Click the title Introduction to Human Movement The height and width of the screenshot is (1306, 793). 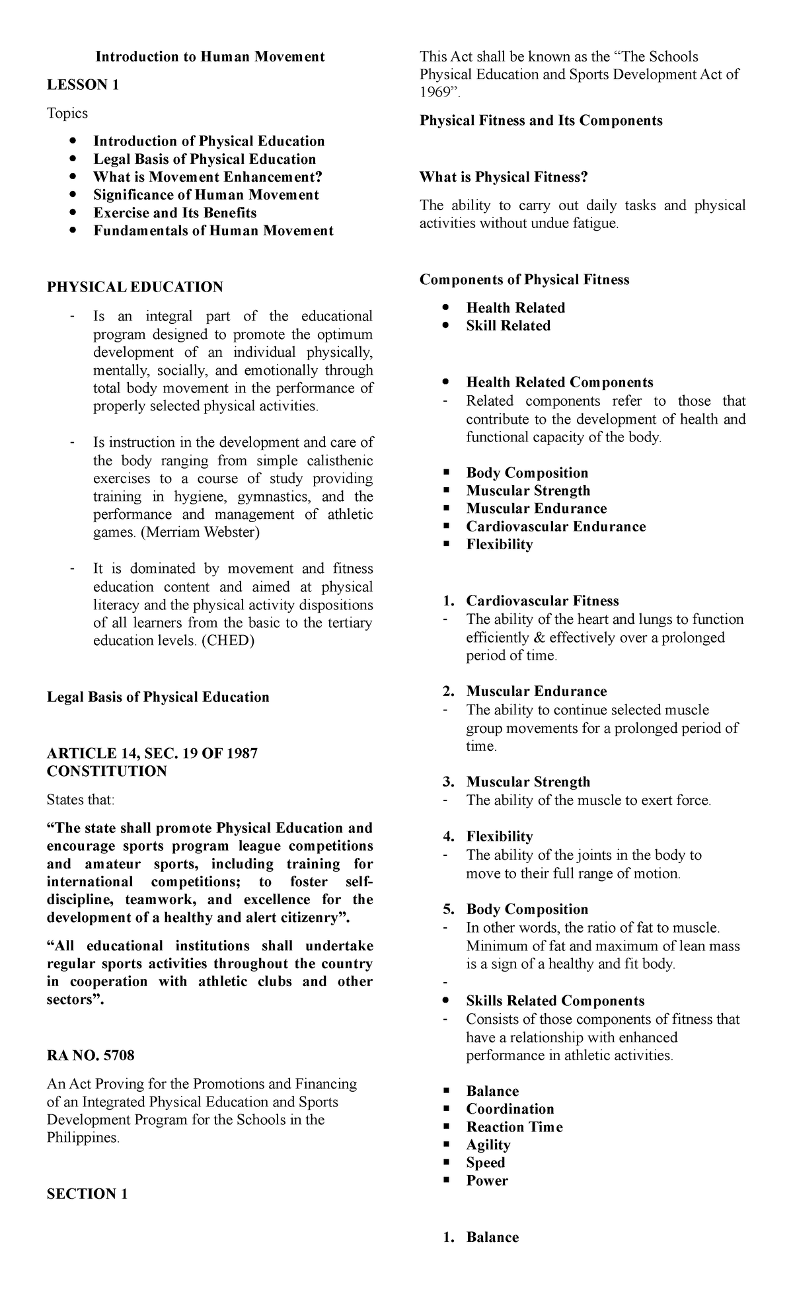210,57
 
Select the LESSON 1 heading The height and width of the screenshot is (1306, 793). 83,85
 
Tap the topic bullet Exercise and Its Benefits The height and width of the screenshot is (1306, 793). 174,213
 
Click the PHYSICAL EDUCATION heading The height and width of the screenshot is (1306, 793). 135,287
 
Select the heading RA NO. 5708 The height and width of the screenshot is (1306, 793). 91,1056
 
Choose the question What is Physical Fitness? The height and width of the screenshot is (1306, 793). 504,177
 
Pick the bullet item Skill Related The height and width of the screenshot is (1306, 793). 508,326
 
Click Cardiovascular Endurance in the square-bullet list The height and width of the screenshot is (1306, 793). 556,527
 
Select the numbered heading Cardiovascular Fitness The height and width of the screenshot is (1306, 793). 542,601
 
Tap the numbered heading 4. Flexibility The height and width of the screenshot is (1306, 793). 499,837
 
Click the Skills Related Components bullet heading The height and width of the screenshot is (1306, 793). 555,1001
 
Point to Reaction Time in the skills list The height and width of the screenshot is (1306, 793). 514,1127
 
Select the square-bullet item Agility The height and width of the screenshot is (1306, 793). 488,1145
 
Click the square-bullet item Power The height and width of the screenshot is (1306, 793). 487,1180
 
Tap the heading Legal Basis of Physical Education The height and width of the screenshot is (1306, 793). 158,697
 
